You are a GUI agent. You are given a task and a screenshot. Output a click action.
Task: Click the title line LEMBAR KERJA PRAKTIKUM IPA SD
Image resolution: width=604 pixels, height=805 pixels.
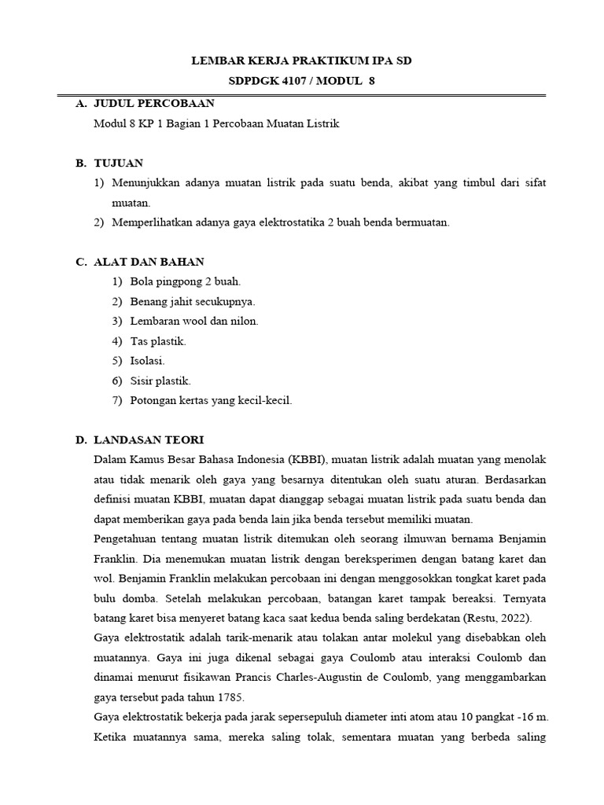pos(302,61)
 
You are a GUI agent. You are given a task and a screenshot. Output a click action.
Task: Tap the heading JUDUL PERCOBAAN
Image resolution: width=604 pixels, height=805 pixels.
pos(154,104)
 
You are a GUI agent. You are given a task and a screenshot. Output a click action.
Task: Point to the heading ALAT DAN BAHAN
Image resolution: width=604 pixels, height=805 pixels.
pos(149,262)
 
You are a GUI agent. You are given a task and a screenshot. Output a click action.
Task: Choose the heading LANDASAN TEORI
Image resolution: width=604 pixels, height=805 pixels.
pos(149,439)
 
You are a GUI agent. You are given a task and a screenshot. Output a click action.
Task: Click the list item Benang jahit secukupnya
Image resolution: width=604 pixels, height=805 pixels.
pos(193,301)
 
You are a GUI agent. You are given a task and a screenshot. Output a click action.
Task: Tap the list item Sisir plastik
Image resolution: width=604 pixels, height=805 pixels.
pos(160,380)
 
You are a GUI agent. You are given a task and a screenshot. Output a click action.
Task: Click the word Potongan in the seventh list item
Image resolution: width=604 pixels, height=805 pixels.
pos(153,400)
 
